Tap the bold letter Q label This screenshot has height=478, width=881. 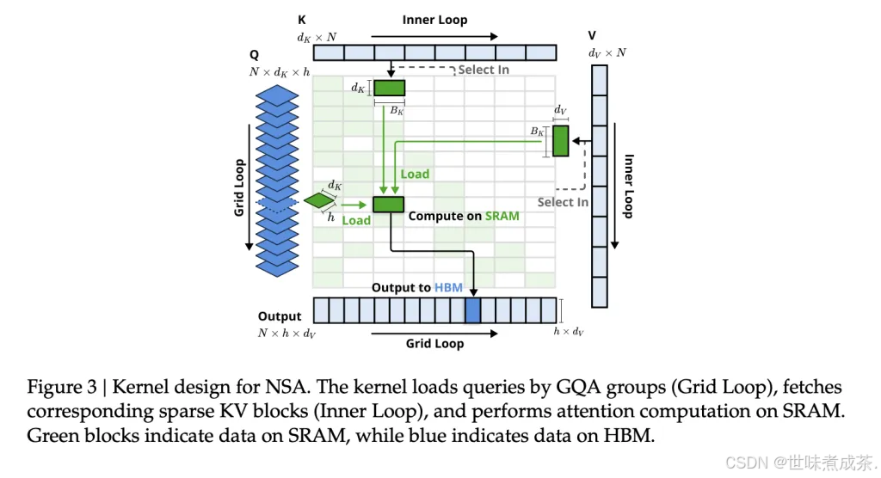tap(254, 54)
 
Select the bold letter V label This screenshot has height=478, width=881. tap(592, 36)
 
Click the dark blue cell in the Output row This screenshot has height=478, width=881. tap(472, 310)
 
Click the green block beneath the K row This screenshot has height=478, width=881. tap(389, 88)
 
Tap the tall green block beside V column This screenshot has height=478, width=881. tap(561, 141)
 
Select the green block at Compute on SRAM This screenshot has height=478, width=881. tap(388, 204)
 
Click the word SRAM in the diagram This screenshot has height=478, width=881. tap(502, 216)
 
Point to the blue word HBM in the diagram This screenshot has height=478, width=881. tap(448, 287)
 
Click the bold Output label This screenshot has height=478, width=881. tap(280, 316)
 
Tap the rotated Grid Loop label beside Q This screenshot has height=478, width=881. tap(239, 187)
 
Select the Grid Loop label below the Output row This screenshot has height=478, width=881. tap(434, 344)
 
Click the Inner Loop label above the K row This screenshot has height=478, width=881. tap(434, 19)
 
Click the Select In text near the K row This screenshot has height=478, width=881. tap(484, 70)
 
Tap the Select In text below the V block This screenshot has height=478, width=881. tap(563, 202)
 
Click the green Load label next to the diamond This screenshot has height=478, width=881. tap(356, 220)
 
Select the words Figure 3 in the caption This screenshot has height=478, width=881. tap(58, 388)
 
